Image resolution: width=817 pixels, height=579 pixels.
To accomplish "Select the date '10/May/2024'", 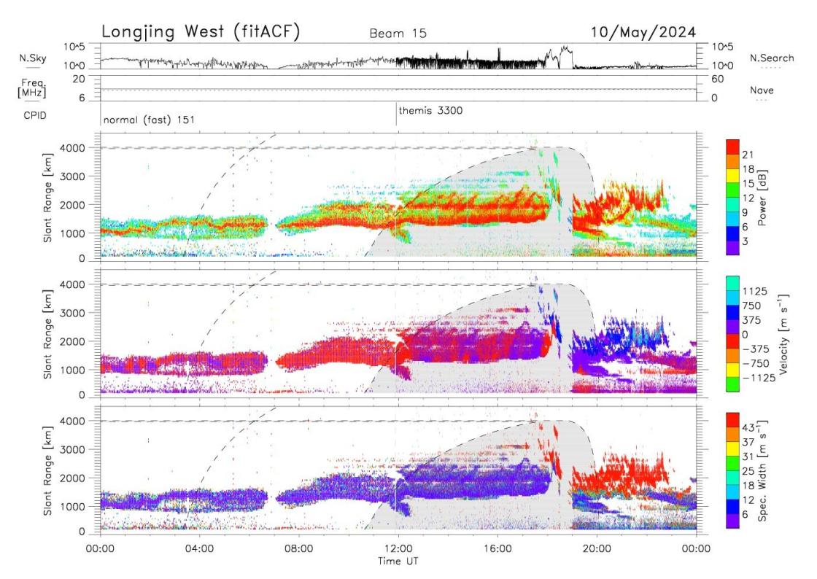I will pyautogui.click(x=644, y=32).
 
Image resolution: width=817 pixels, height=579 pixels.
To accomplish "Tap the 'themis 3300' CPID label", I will pyautogui.click(x=430, y=111).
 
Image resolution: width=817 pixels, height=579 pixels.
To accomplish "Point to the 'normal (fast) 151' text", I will pyautogui.click(x=149, y=120).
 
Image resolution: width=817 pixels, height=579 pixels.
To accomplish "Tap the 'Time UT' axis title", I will pyautogui.click(x=398, y=562).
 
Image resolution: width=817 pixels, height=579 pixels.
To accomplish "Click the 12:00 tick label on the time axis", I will pyautogui.click(x=398, y=552).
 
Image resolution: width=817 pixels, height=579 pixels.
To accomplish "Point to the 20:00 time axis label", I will pyautogui.click(x=597, y=552).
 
